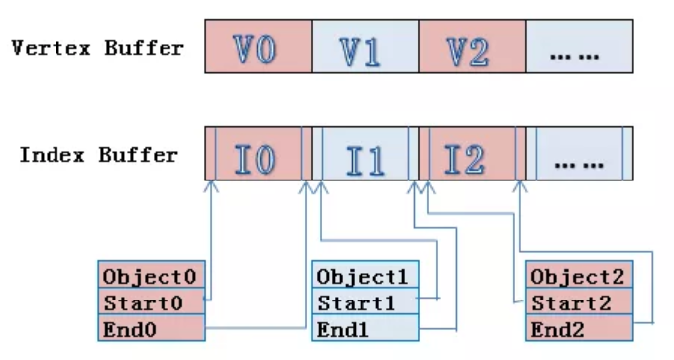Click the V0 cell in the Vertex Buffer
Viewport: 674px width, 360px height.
259,47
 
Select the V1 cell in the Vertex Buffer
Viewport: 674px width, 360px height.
365,47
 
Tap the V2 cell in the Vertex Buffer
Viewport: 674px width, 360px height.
471,47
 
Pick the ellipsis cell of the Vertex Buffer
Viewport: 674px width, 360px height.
578,47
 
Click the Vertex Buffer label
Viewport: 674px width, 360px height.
97,48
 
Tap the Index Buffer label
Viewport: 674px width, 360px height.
99,155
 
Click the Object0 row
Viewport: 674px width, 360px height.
153,275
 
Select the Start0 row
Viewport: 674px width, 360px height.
153,300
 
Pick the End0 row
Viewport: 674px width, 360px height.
153,326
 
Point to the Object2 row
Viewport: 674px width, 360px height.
580,275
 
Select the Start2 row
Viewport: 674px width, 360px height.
580,300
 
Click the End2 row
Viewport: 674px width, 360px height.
580,326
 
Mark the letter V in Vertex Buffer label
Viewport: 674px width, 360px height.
18,48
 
